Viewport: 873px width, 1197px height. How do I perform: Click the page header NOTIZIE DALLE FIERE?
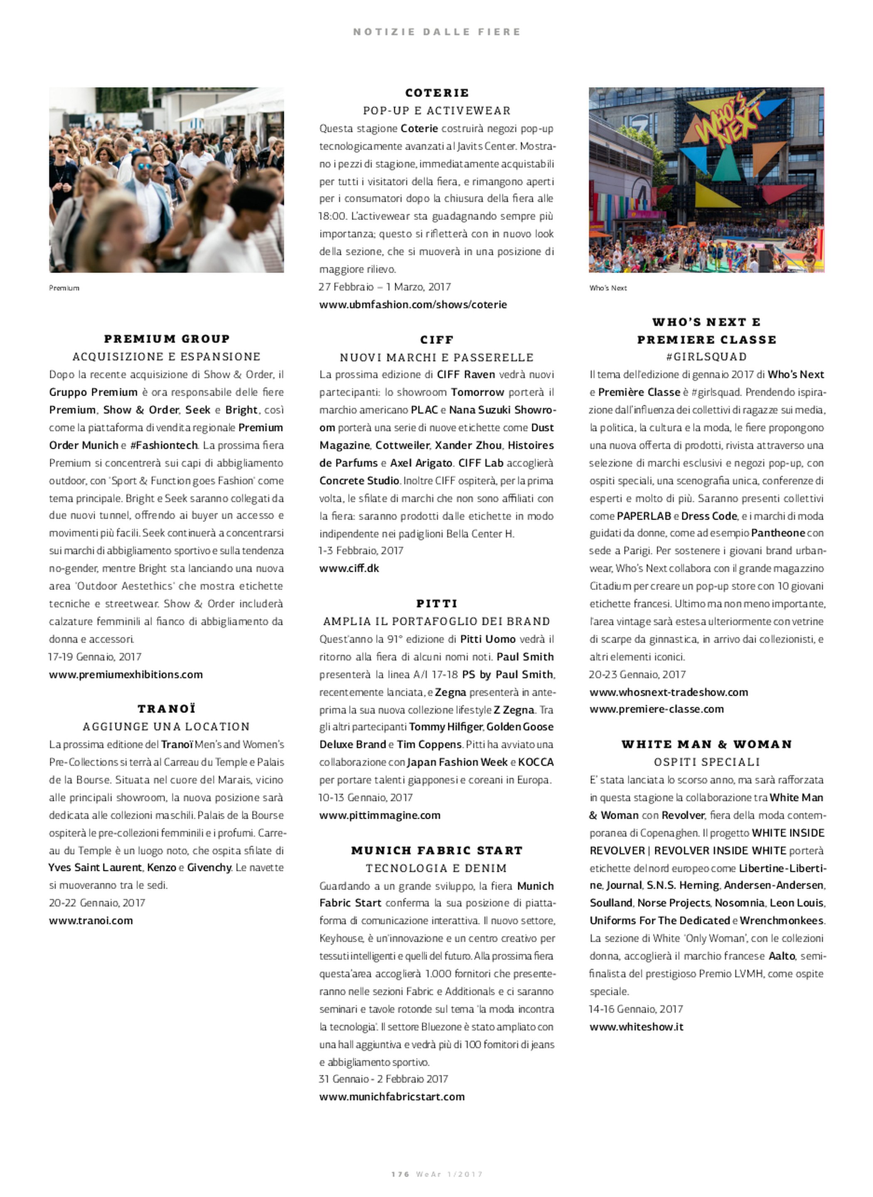[x=436, y=32]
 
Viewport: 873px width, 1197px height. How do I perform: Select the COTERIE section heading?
[x=436, y=93]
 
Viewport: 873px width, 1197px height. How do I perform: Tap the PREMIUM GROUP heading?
[x=167, y=339]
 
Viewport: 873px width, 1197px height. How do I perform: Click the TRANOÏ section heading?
[x=167, y=709]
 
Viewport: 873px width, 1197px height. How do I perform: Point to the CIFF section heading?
[x=436, y=340]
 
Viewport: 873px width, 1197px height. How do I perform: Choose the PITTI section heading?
[x=436, y=603]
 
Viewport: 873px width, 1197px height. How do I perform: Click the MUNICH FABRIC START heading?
[x=436, y=850]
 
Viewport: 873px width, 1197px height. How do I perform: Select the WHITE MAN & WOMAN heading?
[x=706, y=744]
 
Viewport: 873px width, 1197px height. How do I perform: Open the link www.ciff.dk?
[x=349, y=568]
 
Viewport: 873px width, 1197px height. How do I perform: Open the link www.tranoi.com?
[x=91, y=920]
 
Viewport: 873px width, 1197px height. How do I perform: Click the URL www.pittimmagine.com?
[x=379, y=815]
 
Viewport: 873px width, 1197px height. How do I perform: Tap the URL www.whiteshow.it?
[x=636, y=1026]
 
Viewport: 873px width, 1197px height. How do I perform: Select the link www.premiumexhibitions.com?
[x=126, y=674]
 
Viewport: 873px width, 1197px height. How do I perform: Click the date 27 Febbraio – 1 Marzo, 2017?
[x=385, y=286]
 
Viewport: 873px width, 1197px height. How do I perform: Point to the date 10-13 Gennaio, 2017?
[x=366, y=797]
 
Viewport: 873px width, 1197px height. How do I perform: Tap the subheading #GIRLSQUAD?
[x=706, y=357]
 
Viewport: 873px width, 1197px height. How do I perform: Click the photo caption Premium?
[x=64, y=288]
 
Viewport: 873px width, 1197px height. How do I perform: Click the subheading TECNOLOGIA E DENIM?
[x=436, y=868]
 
